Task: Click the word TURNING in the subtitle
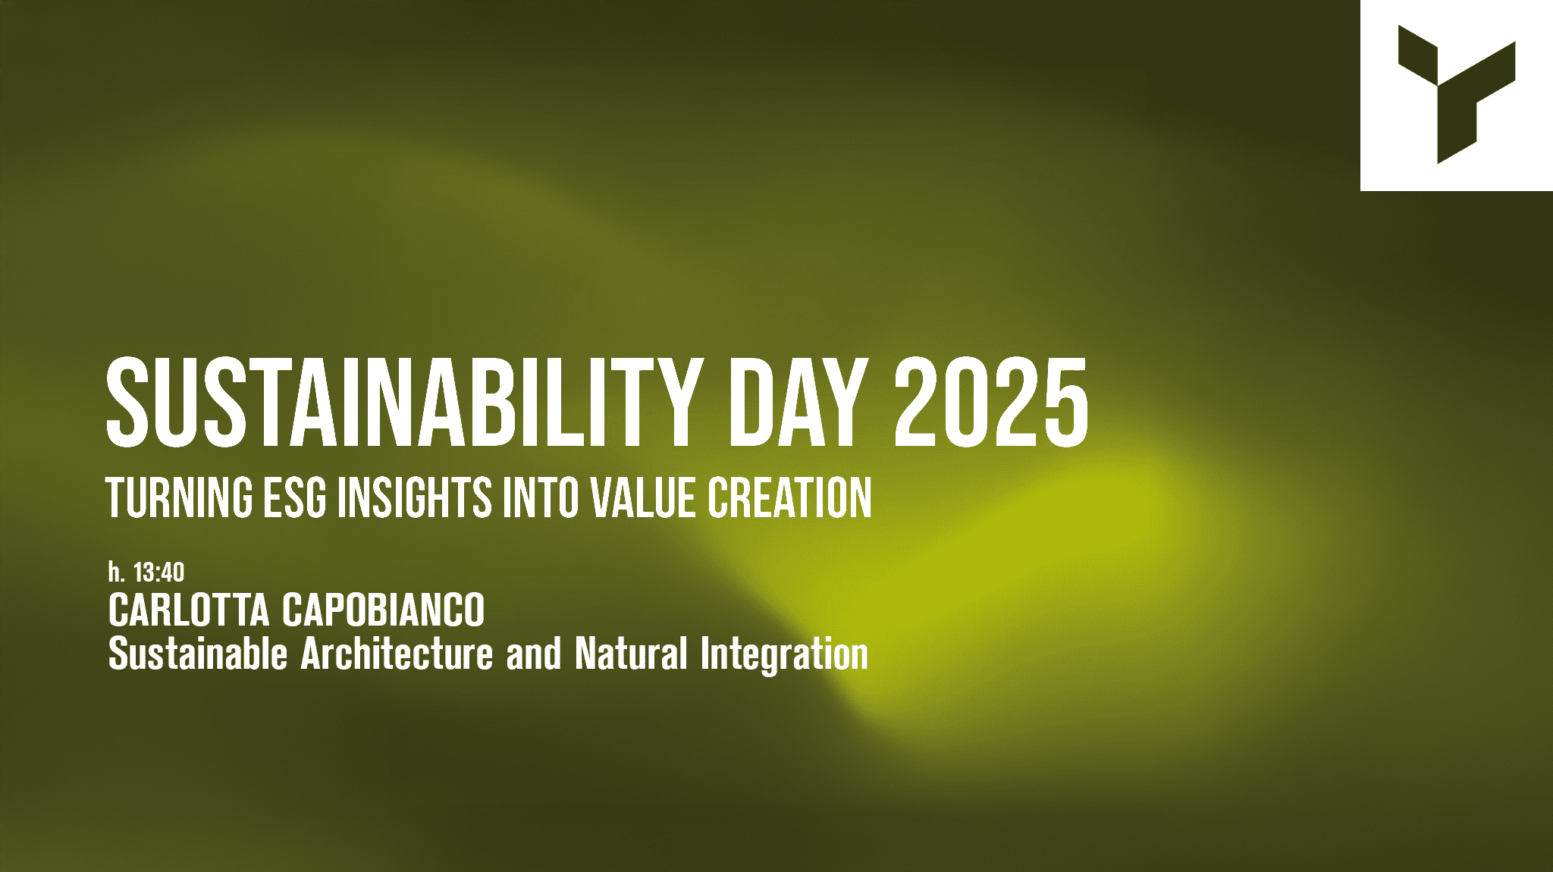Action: [180, 497]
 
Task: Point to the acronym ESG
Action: [295, 497]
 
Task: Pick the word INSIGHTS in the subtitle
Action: [415, 497]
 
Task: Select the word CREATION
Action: [789, 497]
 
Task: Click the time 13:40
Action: [158, 572]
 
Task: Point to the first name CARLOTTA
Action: [189, 610]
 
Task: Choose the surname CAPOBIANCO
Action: [384, 610]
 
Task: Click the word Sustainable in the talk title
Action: [198, 654]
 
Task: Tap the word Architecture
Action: [397, 654]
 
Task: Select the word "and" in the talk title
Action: [534, 654]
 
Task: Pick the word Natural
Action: [631, 654]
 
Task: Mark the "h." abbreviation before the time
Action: [116, 572]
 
